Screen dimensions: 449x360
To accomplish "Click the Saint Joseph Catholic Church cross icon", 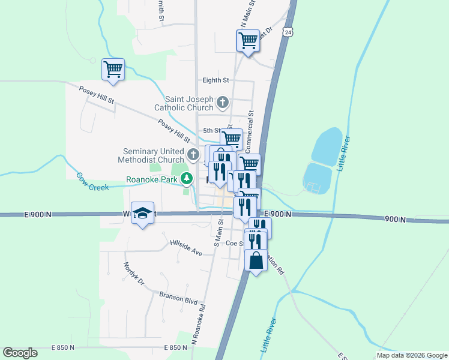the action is (223, 102).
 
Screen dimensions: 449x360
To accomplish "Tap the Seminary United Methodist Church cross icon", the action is (193, 155).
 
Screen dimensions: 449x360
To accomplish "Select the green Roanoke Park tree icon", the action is (187, 179).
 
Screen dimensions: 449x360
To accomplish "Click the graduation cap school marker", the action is (143, 213).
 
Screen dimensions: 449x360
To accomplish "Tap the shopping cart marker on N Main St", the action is (247, 41).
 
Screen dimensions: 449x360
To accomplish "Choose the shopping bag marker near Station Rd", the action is (256, 261).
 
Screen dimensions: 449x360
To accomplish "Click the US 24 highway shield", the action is (289, 31).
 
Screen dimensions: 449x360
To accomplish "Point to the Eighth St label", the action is (216, 80).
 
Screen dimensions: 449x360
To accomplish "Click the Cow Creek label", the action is (92, 182).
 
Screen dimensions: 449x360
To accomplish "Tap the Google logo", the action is (20, 353).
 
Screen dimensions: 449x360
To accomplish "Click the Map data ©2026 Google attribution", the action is (412, 355).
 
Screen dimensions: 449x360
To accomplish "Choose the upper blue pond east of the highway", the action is (328, 146).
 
